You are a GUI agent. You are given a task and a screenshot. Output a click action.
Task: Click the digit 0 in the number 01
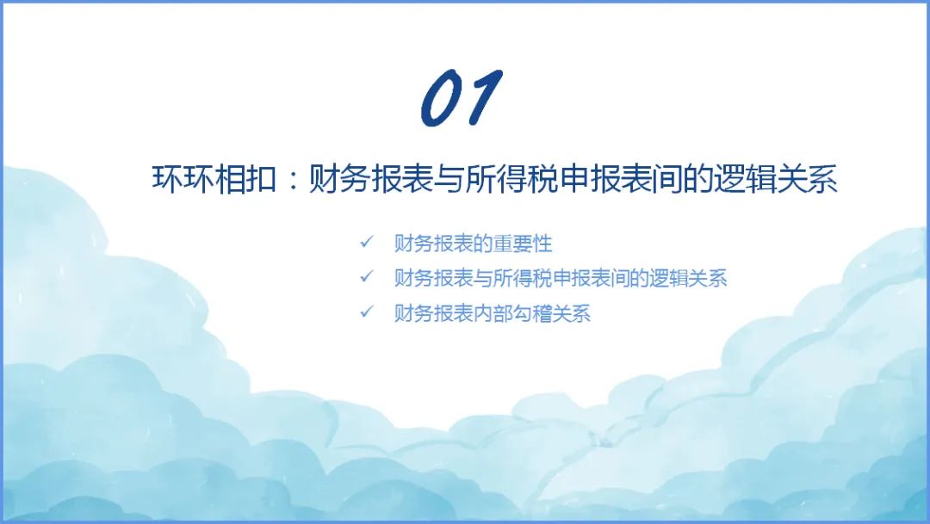click(443, 98)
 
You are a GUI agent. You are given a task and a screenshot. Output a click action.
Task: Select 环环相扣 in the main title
click(214, 178)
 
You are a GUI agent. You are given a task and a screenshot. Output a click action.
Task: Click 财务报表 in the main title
click(369, 178)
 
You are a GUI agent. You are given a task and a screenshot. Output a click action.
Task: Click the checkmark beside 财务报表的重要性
click(367, 242)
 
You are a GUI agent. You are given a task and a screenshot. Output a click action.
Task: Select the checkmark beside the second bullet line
click(367, 276)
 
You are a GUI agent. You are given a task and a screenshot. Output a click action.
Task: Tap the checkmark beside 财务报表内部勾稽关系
click(367, 311)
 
